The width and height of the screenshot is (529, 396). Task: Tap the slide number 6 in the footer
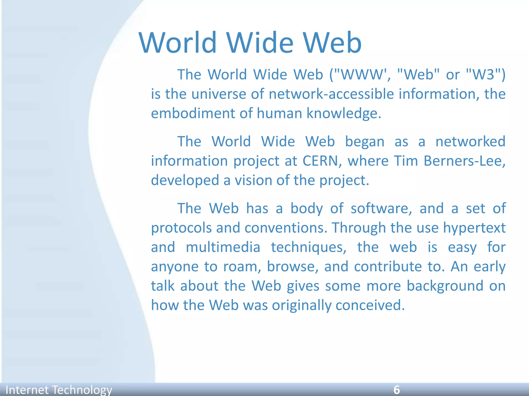tap(396, 390)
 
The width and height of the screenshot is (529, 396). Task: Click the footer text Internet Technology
tap(59, 390)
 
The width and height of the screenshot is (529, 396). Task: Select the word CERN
tap(320, 161)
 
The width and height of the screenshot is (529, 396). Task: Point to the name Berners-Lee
tap(464, 161)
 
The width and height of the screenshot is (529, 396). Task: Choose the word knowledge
tap(344, 113)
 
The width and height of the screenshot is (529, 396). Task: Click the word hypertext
tap(474, 228)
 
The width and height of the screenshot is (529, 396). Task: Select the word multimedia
tap(223, 247)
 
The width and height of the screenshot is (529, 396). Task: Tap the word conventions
tap(286, 228)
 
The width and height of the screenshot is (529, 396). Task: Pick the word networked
tap(470, 142)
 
